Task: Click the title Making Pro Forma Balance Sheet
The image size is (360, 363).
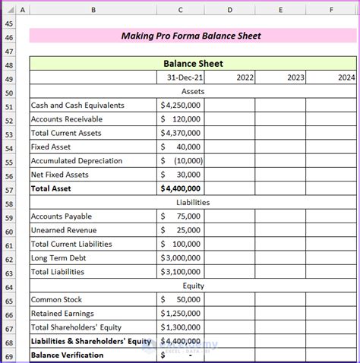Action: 191,36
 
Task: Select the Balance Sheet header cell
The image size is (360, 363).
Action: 193,64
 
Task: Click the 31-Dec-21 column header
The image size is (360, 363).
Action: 180,77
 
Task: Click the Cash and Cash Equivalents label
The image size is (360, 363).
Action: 77,106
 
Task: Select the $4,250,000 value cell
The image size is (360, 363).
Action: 181,106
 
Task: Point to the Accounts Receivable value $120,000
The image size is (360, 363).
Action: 181,119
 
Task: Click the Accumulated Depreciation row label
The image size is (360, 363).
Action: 77,161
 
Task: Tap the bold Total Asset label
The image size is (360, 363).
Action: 52,188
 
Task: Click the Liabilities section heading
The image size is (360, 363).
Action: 193,203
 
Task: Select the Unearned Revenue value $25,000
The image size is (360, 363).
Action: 181,230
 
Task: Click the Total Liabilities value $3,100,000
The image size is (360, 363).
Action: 181,272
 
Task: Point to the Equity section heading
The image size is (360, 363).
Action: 193,286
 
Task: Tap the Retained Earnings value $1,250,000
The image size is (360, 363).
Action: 181,314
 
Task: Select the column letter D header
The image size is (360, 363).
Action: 230,9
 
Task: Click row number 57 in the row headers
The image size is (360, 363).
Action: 9,189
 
